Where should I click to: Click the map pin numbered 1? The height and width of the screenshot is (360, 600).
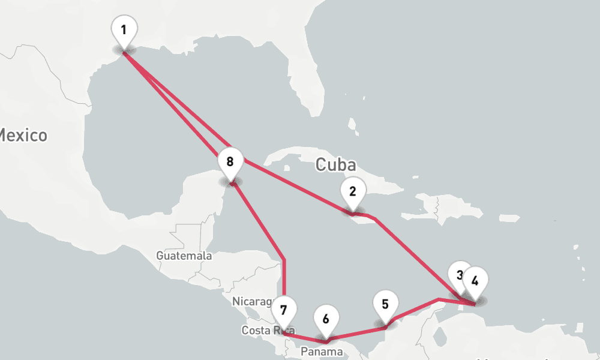[124, 29]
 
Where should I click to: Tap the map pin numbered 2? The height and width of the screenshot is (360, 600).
[353, 192]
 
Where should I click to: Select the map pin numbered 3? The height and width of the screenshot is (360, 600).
[459, 275]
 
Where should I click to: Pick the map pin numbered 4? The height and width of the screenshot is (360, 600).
[475, 280]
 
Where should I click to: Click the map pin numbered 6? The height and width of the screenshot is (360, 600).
[326, 319]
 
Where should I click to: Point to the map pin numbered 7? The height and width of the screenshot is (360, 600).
[284, 310]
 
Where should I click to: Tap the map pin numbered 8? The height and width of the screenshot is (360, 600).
[230, 161]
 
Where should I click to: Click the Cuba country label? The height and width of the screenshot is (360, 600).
[335, 164]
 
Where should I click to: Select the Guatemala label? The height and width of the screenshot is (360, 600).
[184, 256]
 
